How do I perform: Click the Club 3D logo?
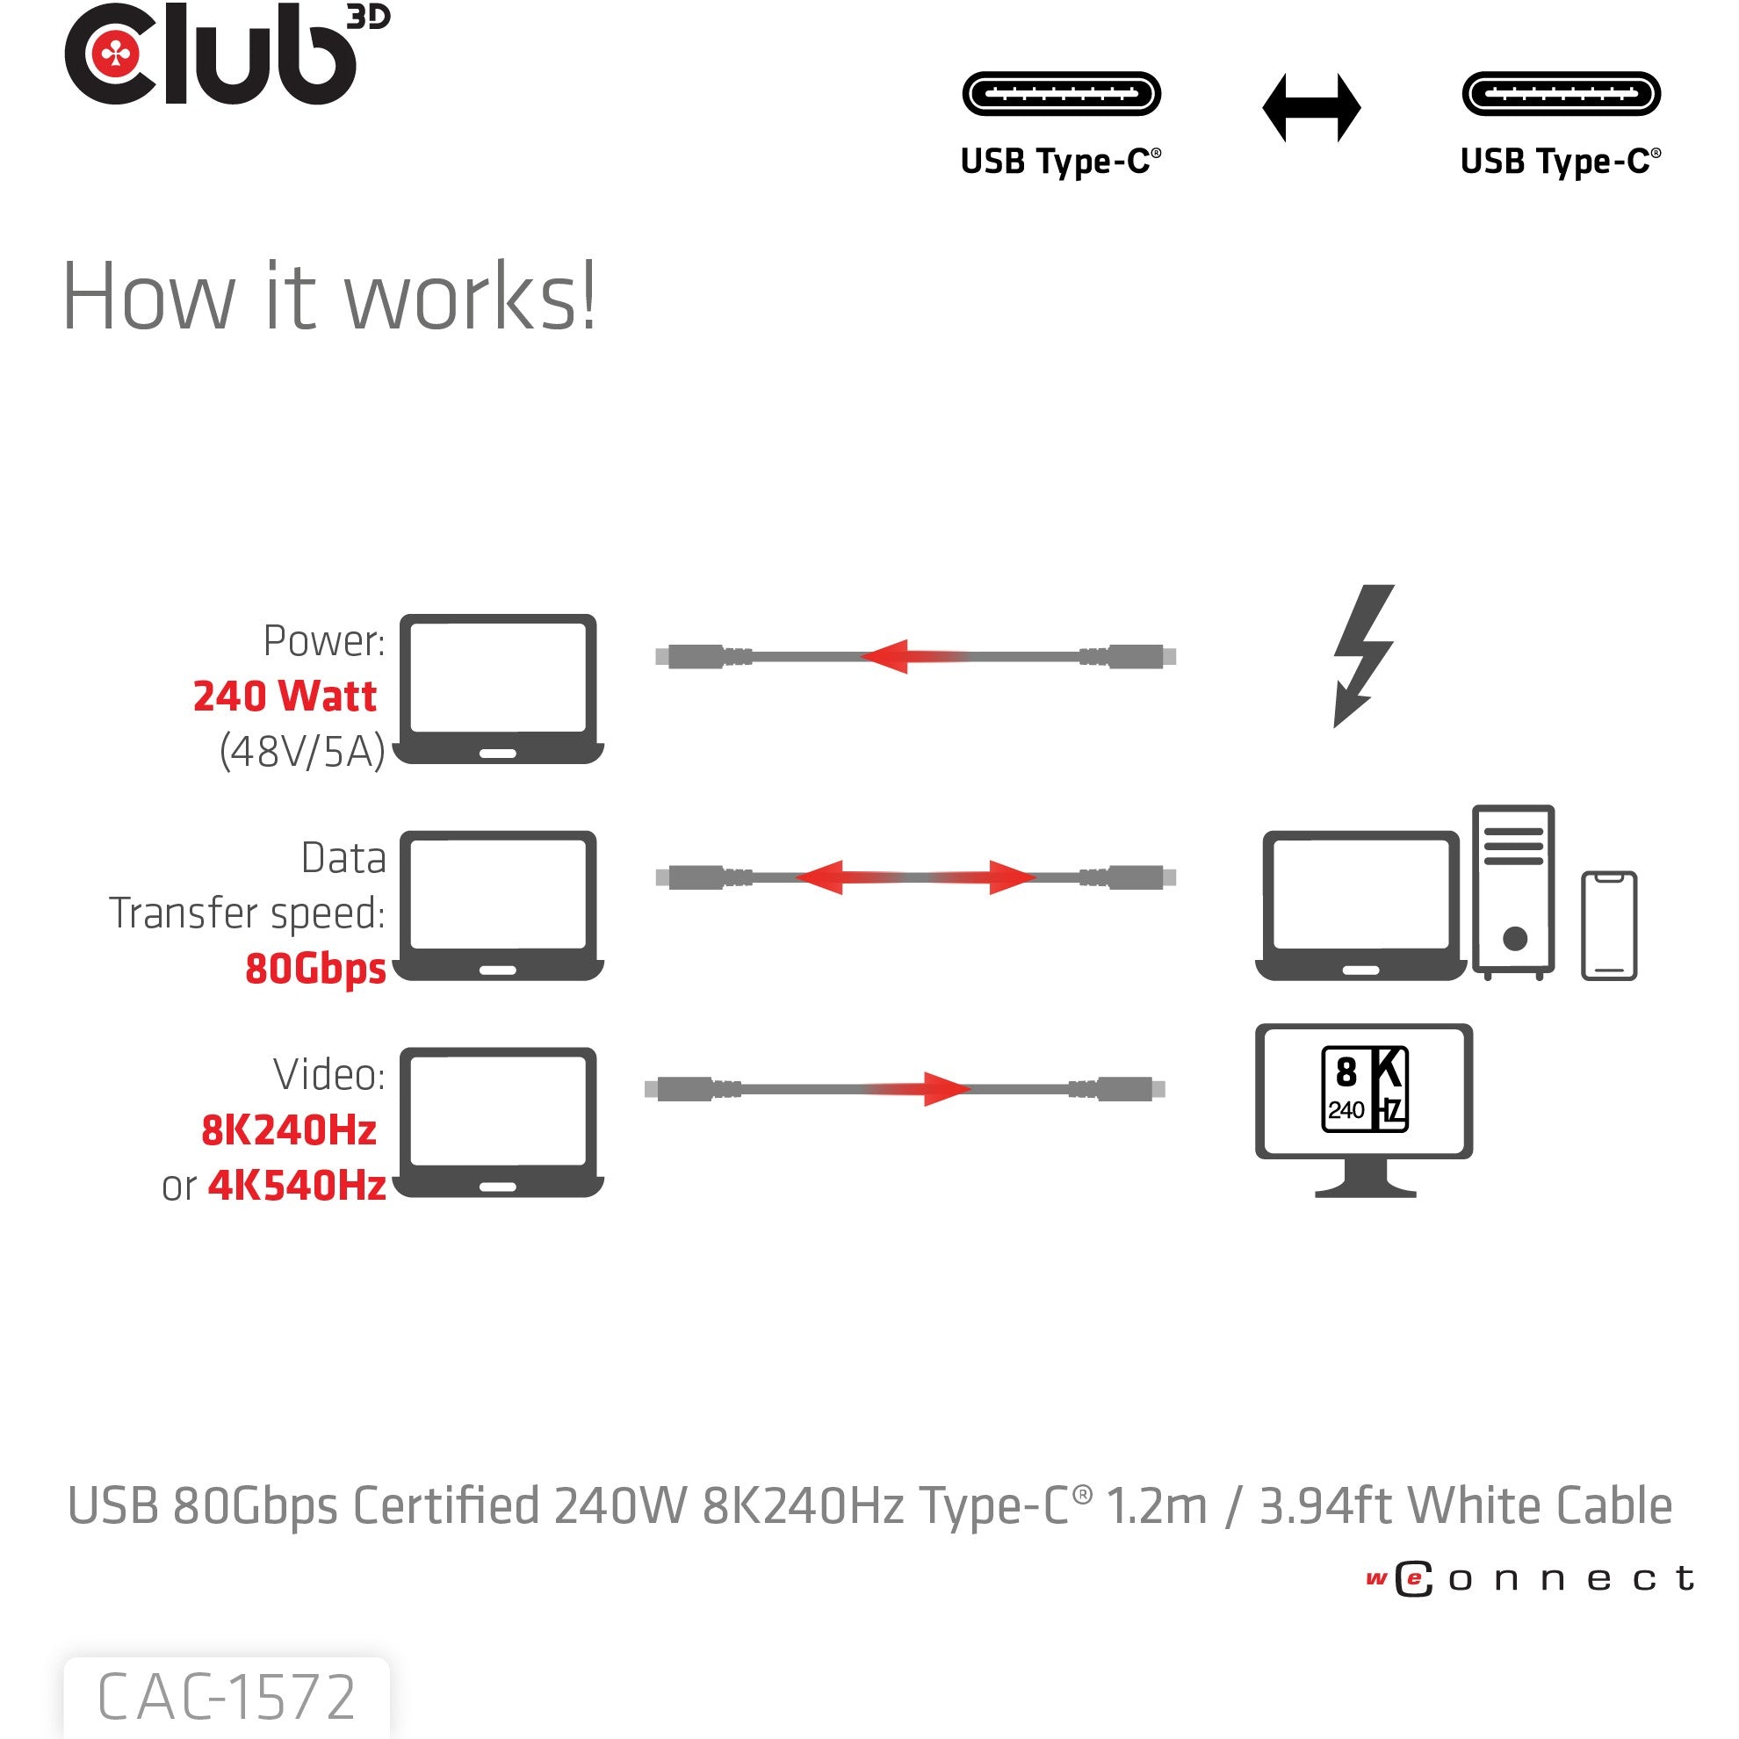[x=225, y=56]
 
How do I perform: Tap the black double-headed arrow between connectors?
[x=1310, y=108]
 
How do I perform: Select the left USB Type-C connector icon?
[x=1061, y=94]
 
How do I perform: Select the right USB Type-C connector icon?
[x=1561, y=94]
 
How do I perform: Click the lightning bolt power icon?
[x=1363, y=654]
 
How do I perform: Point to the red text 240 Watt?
[x=285, y=696]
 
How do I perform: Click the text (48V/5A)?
[x=302, y=752]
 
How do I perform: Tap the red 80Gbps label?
[x=315, y=970]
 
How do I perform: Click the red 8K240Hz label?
[x=288, y=1130]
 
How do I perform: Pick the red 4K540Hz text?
[x=297, y=1187]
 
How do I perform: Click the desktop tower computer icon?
[x=1513, y=891]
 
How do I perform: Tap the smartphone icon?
[x=1608, y=926]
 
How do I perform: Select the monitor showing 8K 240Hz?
[x=1364, y=1108]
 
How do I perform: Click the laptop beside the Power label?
[x=499, y=689]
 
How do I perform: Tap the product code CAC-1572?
[x=226, y=1698]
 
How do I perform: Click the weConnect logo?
[x=1530, y=1579]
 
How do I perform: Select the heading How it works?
[x=329, y=297]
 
